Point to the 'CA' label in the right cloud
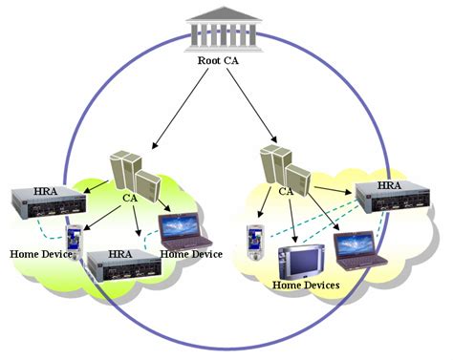[286, 192]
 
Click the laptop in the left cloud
[183, 227]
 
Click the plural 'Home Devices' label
[306, 284]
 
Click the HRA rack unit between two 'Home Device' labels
[120, 268]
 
